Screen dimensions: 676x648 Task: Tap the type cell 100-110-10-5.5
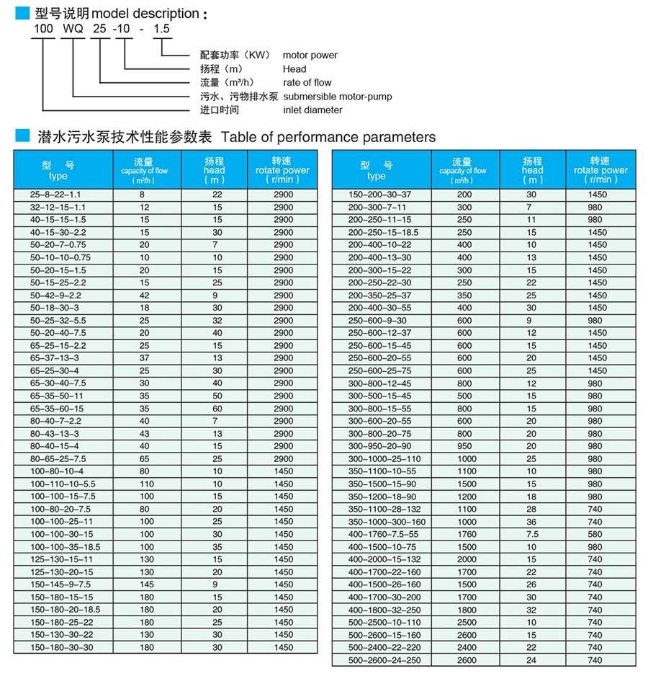click(x=63, y=484)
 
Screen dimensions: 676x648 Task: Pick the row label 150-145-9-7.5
click(x=61, y=584)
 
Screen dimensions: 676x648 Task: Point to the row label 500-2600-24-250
click(x=385, y=660)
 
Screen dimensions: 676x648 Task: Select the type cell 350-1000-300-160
click(x=387, y=522)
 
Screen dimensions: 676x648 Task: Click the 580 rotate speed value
click(x=595, y=534)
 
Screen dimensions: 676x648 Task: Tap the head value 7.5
click(x=531, y=534)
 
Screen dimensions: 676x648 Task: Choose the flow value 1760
click(x=466, y=534)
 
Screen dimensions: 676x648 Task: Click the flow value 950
click(x=464, y=446)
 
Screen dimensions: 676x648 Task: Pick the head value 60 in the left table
click(x=217, y=409)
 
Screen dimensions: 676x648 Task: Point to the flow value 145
click(x=147, y=584)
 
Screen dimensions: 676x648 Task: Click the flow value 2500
click(x=466, y=622)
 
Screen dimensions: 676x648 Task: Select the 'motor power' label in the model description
click(x=310, y=55)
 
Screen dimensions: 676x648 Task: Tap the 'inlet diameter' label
click(x=312, y=110)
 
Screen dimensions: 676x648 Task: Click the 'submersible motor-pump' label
click(x=337, y=97)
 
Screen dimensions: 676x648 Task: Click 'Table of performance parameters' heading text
click(x=328, y=137)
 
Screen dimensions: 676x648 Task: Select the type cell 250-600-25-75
click(x=380, y=371)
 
